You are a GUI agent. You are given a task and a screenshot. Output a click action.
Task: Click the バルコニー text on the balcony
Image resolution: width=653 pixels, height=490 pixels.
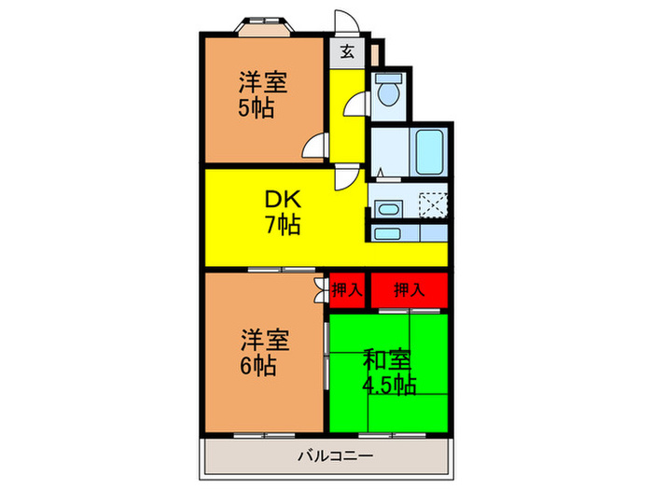[336, 456]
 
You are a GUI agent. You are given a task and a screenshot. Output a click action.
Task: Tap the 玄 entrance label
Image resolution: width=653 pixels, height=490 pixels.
[346, 51]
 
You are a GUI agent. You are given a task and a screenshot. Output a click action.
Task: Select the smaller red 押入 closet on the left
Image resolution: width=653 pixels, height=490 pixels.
[346, 290]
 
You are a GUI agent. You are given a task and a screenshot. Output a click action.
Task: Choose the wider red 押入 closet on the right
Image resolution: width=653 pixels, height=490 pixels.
[409, 290]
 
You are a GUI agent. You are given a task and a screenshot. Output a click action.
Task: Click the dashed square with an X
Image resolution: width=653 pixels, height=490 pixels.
[433, 205]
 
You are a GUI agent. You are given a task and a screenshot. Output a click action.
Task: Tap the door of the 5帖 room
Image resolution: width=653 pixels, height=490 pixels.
[317, 146]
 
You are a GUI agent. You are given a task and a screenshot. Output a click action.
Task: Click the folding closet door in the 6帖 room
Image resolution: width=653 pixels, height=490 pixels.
[321, 290]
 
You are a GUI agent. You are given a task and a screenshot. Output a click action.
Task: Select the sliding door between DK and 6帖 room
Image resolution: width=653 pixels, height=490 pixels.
[269, 269]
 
